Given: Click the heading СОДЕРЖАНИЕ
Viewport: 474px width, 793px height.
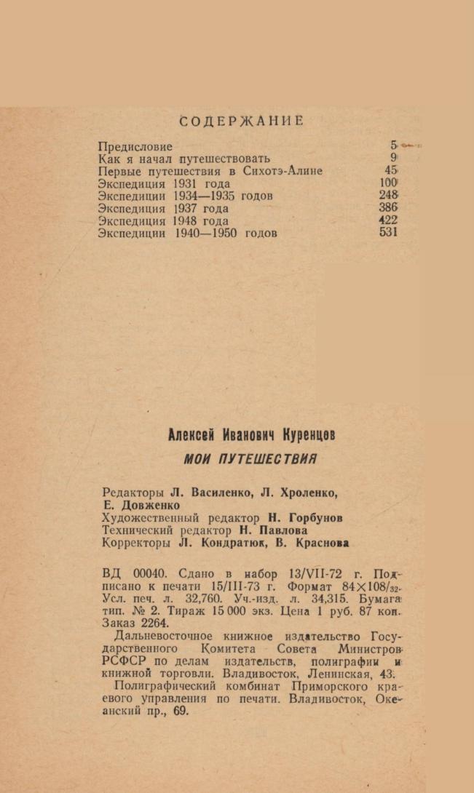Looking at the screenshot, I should pyautogui.click(x=241, y=121).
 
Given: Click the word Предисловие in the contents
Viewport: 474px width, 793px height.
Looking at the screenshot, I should pyautogui.click(x=135, y=146).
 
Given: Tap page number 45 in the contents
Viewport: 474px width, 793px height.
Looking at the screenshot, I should pyautogui.click(x=391, y=170).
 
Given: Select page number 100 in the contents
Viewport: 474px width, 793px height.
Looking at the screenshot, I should pyautogui.click(x=388, y=183).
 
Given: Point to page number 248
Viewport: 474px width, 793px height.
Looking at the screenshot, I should pyautogui.click(x=389, y=195).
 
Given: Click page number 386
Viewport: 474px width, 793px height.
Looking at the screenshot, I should pyautogui.click(x=389, y=207).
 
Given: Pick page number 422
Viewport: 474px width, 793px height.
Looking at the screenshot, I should pyautogui.click(x=389, y=220).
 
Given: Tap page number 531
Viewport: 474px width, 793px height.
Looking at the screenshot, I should pyautogui.click(x=389, y=233).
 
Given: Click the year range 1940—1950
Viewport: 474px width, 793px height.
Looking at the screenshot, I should pyautogui.click(x=207, y=234).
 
